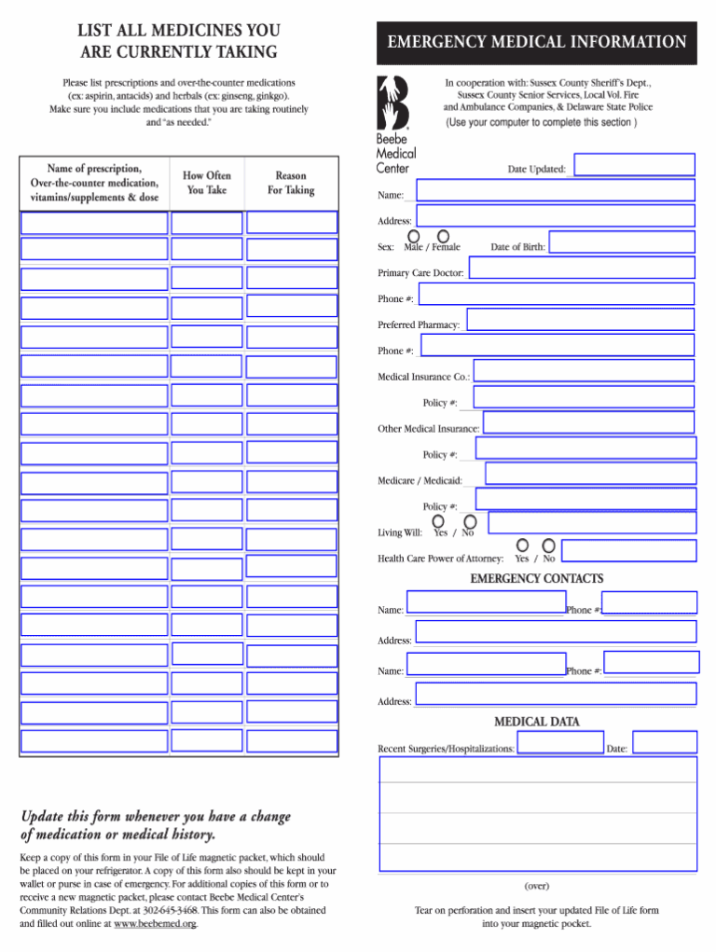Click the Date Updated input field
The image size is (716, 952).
click(634, 165)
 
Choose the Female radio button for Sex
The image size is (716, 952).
click(444, 236)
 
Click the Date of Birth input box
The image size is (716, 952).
click(621, 242)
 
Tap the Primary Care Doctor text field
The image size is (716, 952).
click(581, 268)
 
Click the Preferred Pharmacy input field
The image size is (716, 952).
click(580, 320)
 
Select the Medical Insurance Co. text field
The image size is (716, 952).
click(584, 371)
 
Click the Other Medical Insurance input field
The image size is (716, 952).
click(589, 423)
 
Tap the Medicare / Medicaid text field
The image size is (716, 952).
click(590, 474)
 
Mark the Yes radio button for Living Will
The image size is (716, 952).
click(438, 522)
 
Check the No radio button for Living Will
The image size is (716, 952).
click(470, 522)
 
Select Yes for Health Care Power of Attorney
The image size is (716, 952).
click(523, 545)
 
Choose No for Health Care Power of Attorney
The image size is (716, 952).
click(549, 545)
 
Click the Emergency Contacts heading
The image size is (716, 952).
click(536, 579)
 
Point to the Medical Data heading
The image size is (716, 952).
click(536, 722)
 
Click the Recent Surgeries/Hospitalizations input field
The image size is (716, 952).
click(559, 742)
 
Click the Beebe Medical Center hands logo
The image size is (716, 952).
click(392, 102)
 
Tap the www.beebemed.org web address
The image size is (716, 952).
click(155, 924)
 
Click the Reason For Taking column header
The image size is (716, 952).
click(291, 183)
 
